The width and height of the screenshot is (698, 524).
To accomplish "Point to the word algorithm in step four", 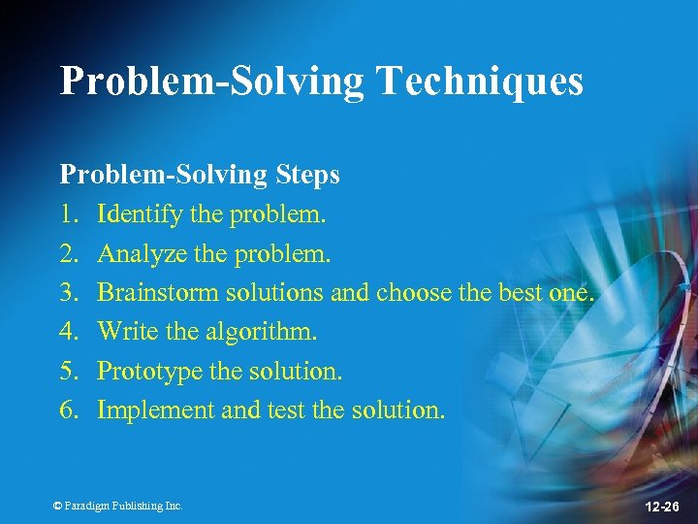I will [x=263, y=332].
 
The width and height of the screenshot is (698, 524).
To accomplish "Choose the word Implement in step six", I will [x=156, y=410].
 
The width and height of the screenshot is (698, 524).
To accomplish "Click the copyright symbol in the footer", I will [x=57, y=506].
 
